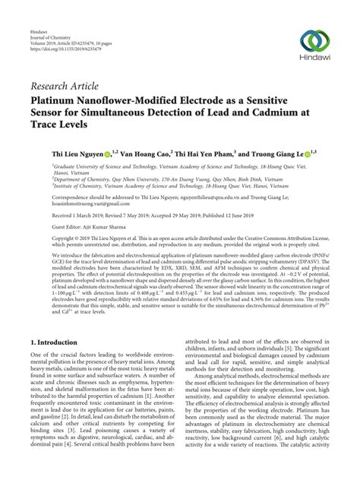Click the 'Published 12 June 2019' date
coord(243,213)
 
